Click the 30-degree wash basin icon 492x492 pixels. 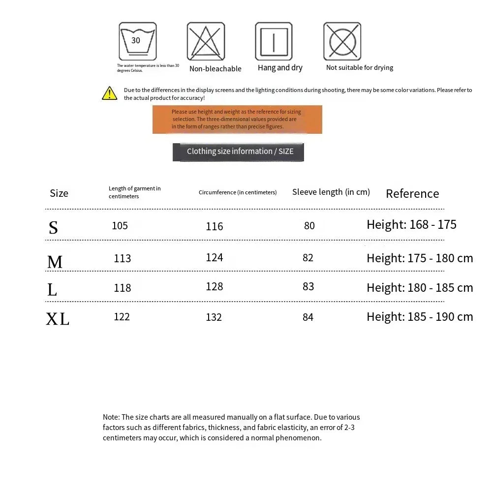pos(137,41)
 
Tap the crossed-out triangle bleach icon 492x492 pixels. pos(206,41)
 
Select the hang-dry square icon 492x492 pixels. pos(274,41)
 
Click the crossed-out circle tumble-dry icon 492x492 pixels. pos(342,41)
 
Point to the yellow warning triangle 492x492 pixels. pos(109,93)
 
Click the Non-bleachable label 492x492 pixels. pos(215,69)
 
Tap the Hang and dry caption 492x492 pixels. pos(280,68)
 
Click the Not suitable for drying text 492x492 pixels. pos(359,68)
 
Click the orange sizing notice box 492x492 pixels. pos(237,120)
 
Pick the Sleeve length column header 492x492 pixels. pos(331,192)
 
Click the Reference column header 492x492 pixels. pos(412,193)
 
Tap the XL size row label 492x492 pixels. pos(58,319)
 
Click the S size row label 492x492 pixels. pos(53,227)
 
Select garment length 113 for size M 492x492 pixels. pos(122,258)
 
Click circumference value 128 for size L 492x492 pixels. pos(214,287)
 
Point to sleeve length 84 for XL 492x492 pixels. pos(308,317)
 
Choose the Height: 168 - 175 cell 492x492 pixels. pos(411,225)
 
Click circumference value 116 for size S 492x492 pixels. pos(214,226)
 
